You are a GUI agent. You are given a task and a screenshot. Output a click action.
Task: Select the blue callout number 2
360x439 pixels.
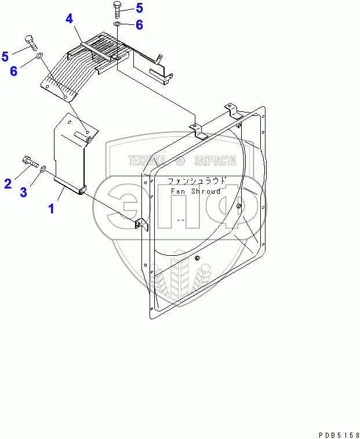[x=8, y=184]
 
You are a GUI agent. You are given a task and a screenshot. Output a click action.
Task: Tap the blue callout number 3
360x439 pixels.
[x=23, y=193]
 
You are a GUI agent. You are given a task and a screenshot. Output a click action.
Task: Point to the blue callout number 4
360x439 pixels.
[x=69, y=19]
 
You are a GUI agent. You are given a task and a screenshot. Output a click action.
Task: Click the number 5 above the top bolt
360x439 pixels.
[x=139, y=8]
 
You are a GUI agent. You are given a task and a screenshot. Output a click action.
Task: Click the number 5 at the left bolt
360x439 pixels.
[x=5, y=56]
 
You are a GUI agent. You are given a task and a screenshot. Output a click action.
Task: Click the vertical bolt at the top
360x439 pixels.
[x=117, y=9]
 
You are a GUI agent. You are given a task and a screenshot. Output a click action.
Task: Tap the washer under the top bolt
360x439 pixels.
[x=118, y=24]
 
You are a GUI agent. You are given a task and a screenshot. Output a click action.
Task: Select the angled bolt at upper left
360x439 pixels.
[x=31, y=43]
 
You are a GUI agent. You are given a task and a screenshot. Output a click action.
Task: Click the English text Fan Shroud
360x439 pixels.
[x=195, y=191]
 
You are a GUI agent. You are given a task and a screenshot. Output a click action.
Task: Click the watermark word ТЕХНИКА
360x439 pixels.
[x=147, y=161]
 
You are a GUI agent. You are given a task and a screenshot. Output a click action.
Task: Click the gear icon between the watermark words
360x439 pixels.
[x=180, y=161]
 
